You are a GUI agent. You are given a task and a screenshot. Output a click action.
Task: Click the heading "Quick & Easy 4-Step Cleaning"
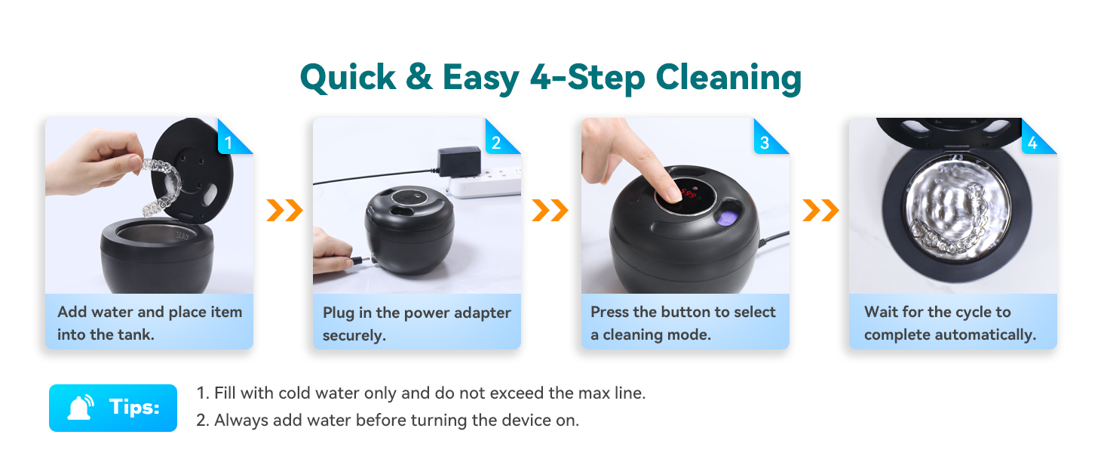[550, 78]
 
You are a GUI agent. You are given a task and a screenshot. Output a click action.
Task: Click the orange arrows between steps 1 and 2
[284, 211]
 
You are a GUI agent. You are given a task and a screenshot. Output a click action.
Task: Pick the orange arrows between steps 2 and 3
[550, 211]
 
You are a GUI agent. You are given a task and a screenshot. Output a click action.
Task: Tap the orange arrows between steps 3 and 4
[820, 211]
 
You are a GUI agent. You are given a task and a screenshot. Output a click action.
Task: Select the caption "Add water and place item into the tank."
[149, 323]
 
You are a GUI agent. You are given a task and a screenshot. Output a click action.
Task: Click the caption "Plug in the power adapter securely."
[416, 324]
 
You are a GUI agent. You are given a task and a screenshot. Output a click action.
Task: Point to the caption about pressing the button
[683, 323]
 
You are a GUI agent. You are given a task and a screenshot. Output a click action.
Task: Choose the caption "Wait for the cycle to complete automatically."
[950, 323]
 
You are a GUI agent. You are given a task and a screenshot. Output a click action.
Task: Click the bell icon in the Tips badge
[81, 408]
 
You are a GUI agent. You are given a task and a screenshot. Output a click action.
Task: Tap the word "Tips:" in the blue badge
[134, 408]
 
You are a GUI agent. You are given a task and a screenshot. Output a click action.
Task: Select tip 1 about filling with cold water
[421, 393]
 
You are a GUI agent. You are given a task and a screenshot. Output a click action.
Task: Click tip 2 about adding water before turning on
[388, 421]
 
